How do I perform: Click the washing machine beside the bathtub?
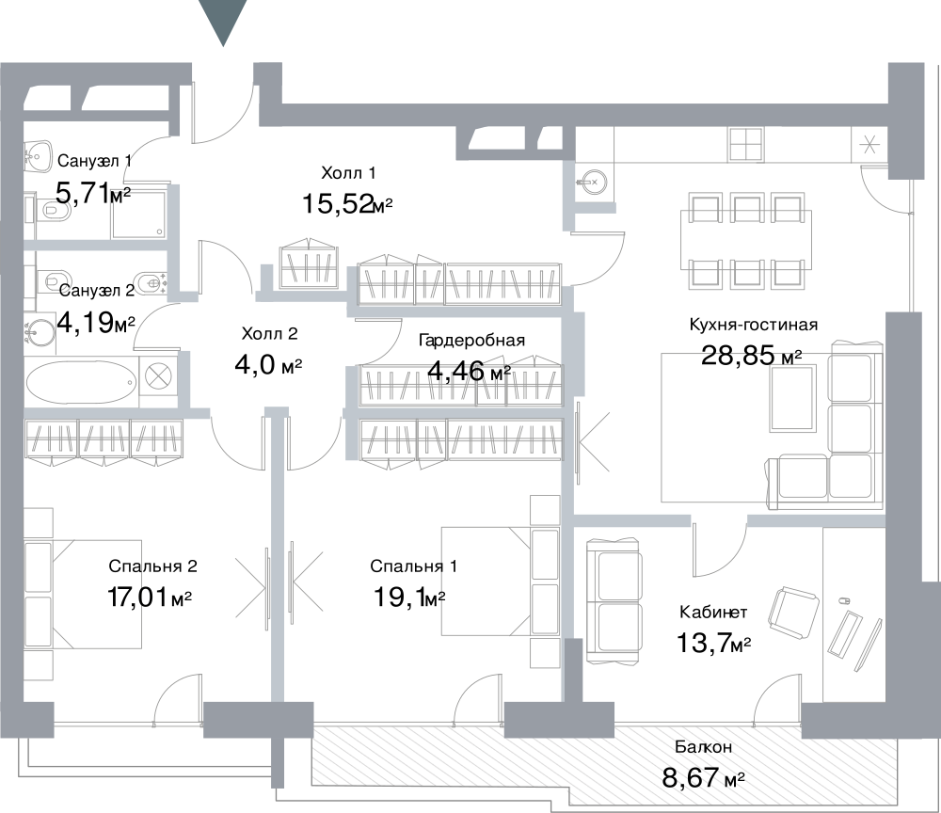tap(158, 377)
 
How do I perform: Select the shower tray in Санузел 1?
tap(138, 215)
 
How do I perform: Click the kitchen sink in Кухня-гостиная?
tap(591, 182)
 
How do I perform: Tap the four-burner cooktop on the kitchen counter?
tap(746, 144)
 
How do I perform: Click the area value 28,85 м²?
tap(751, 356)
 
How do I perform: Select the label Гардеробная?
tap(471, 341)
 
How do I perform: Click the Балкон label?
tap(703, 747)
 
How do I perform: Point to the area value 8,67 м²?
tap(703, 778)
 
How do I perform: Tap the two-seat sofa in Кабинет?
tap(614, 600)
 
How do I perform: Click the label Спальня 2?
tap(153, 566)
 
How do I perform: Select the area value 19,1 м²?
tap(409, 597)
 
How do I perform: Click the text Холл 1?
tap(349, 173)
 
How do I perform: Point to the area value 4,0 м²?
tap(268, 364)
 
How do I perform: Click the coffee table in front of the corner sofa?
tap(793, 398)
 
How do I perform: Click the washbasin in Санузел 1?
tap(38, 156)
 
